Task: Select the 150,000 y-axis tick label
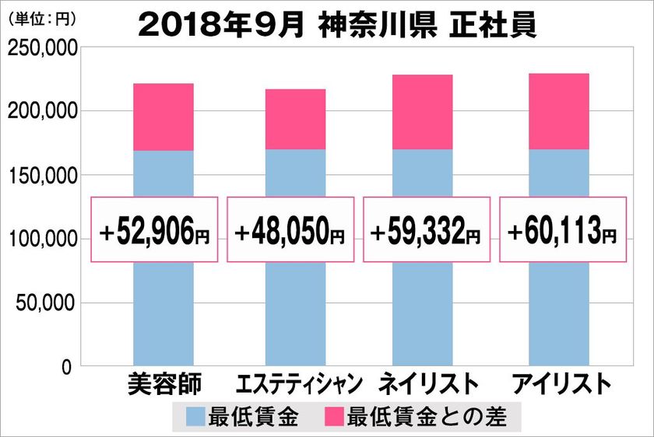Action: (41, 176)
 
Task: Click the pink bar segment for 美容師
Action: (163, 117)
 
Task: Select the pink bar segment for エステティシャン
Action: (295, 119)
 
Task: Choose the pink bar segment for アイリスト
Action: (558, 111)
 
